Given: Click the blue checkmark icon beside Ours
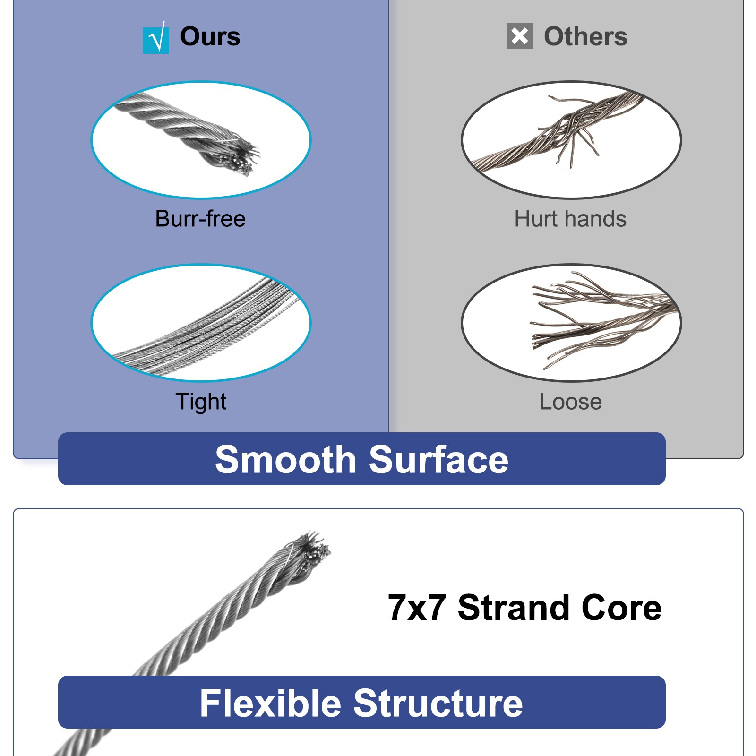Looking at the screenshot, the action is pyautogui.click(x=156, y=38).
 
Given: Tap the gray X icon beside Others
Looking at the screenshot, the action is pyautogui.click(x=519, y=36).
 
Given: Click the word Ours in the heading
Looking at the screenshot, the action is pyautogui.click(x=210, y=36).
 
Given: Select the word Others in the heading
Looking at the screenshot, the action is pyautogui.click(x=585, y=36).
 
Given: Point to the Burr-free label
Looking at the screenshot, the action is pyautogui.click(x=200, y=219).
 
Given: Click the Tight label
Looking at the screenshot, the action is pyautogui.click(x=201, y=402).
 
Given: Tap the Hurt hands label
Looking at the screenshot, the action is pyautogui.click(x=570, y=219).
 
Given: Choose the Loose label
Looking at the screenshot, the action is pyautogui.click(x=571, y=402).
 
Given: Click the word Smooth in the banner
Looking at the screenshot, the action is pyautogui.click(x=285, y=459).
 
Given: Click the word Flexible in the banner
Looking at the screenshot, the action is pyautogui.click(x=270, y=703).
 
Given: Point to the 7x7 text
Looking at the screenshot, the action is pyautogui.click(x=417, y=608).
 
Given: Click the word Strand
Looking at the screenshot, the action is pyautogui.click(x=514, y=608).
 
